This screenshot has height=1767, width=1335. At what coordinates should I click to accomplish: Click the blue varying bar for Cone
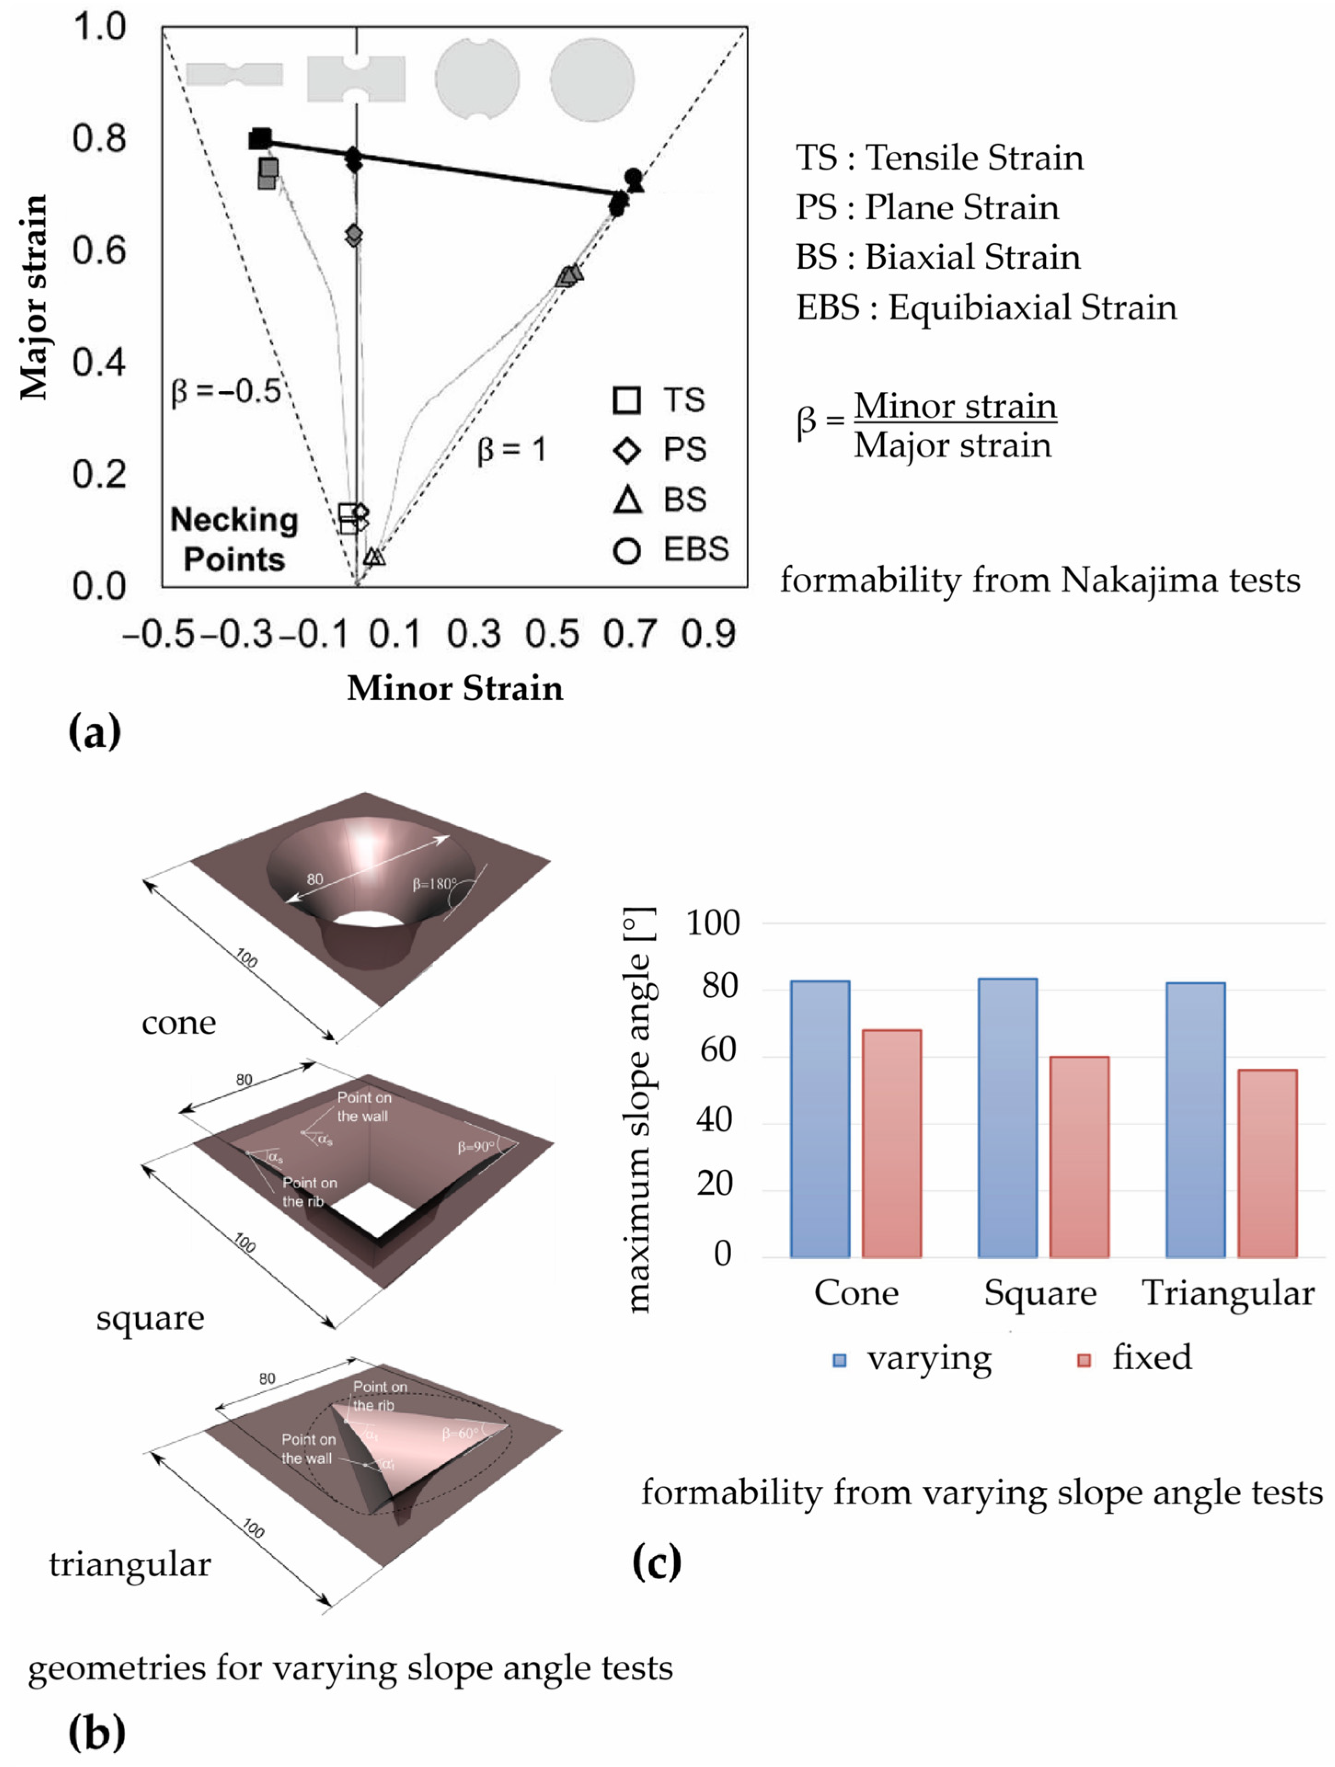point(819,1118)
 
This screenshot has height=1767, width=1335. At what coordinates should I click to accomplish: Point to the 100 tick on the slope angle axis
point(713,923)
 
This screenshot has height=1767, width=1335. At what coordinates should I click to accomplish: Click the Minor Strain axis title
point(455,688)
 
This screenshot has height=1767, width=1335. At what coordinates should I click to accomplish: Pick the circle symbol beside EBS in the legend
point(627,550)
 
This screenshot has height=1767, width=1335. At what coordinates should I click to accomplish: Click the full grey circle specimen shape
point(591,80)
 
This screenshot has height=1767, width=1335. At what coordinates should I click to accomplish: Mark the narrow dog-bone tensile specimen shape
point(234,75)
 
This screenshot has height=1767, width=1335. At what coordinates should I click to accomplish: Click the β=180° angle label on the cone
point(434,884)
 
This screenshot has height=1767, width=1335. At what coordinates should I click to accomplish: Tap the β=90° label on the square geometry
point(476,1147)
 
